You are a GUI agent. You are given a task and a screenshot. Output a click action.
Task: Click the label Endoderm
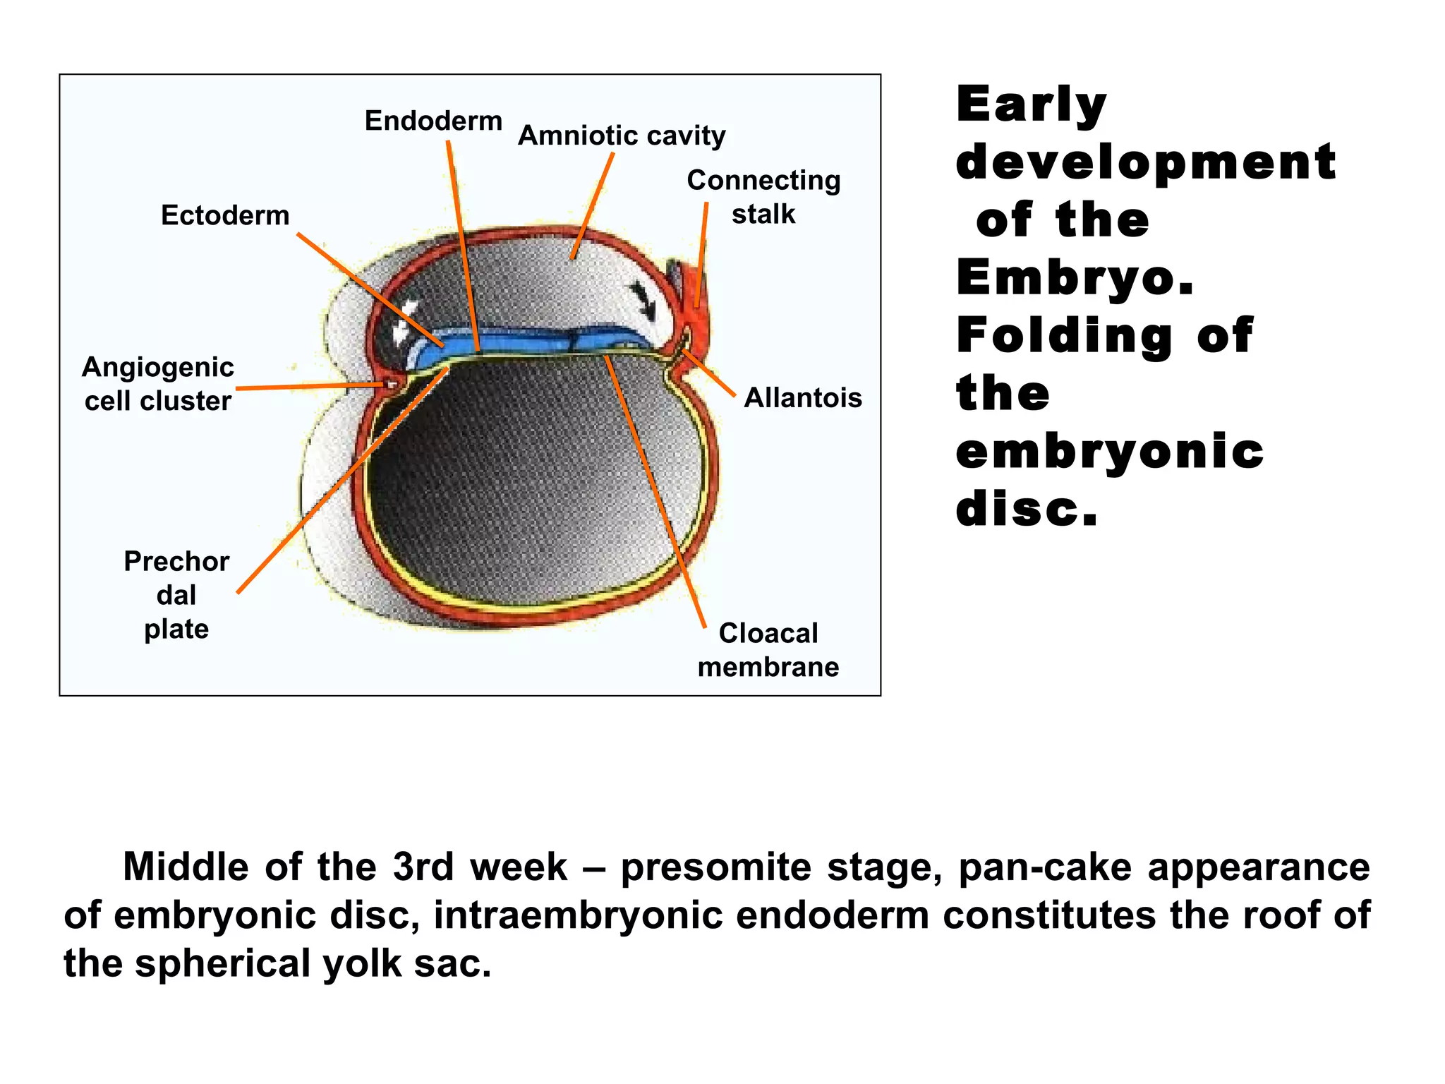[x=433, y=121]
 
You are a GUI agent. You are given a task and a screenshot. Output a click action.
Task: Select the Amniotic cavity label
[x=622, y=135]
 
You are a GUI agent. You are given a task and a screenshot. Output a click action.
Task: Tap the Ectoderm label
[x=225, y=215]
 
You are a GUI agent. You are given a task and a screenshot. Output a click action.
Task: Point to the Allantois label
[x=803, y=398]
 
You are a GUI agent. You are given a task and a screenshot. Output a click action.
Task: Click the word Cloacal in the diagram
[x=768, y=633]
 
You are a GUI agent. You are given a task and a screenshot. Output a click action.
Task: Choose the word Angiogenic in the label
[x=158, y=368]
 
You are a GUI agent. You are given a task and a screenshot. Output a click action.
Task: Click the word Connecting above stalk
[x=763, y=181]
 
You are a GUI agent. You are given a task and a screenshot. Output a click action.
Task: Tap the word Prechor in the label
[x=176, y=562]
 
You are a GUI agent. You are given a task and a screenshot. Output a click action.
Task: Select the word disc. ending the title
[x=1027, y=510]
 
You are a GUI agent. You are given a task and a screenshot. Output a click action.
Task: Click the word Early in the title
[x=1032, y=104]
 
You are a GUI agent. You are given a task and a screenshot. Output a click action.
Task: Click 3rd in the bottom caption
[x=423, y=867]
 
